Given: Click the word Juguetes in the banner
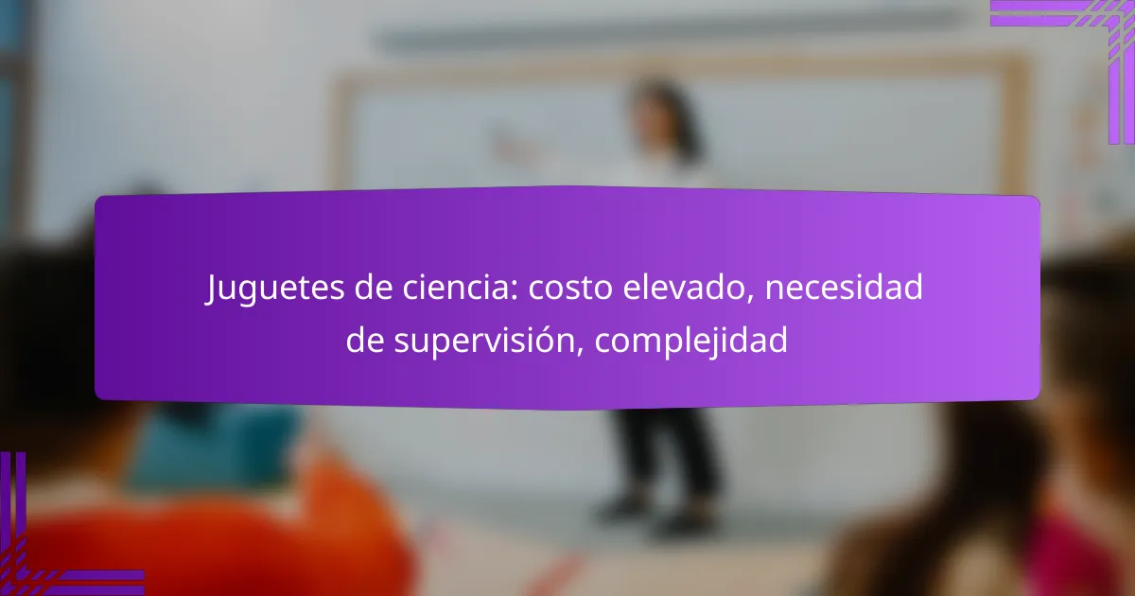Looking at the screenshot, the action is click(274, 289).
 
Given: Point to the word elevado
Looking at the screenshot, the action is click(688, 288).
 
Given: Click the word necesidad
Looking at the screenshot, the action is click(844, 287).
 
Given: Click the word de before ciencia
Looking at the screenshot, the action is click(374, 287).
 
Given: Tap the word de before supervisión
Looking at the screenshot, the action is click(365, 340).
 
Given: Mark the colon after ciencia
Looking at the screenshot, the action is click(515, 291).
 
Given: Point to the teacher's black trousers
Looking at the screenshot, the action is click(665, 452).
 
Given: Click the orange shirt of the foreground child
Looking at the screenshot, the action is click(213, 537).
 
